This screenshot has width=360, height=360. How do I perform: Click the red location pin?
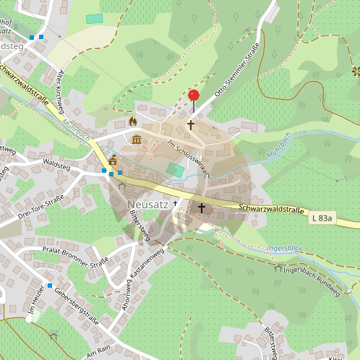[193, 96]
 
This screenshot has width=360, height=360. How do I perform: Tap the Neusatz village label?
[147, 205]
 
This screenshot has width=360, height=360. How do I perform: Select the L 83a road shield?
[323, 218]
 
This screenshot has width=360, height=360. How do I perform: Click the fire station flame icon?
[132, 121]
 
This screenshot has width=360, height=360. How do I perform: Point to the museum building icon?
[136, 138]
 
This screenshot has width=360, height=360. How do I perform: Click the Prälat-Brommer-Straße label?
[75, 257]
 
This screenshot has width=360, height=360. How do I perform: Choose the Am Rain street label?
[100, 351]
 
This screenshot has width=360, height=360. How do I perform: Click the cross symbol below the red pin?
[191, 125]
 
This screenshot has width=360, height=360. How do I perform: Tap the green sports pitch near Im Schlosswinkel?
[176, 169]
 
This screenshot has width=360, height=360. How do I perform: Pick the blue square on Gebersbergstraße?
[50, 286]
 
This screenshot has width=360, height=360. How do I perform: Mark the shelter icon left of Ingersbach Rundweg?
[278, 268]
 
